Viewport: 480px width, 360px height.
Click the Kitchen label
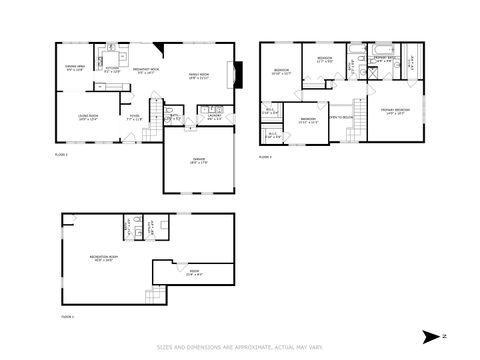point(113,70)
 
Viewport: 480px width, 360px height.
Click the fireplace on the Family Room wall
point(237,74)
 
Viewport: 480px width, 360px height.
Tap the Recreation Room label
point(104,259)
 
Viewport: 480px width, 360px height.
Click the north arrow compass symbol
point(430,335)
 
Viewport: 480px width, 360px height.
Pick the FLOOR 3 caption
point(265,157)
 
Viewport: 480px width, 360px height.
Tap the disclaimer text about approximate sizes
point(239,348)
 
